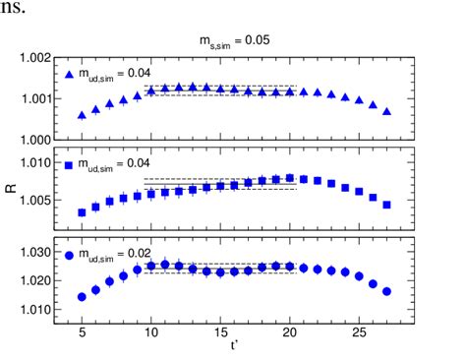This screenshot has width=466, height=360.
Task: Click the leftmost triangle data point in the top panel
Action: (x=82, y=115)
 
